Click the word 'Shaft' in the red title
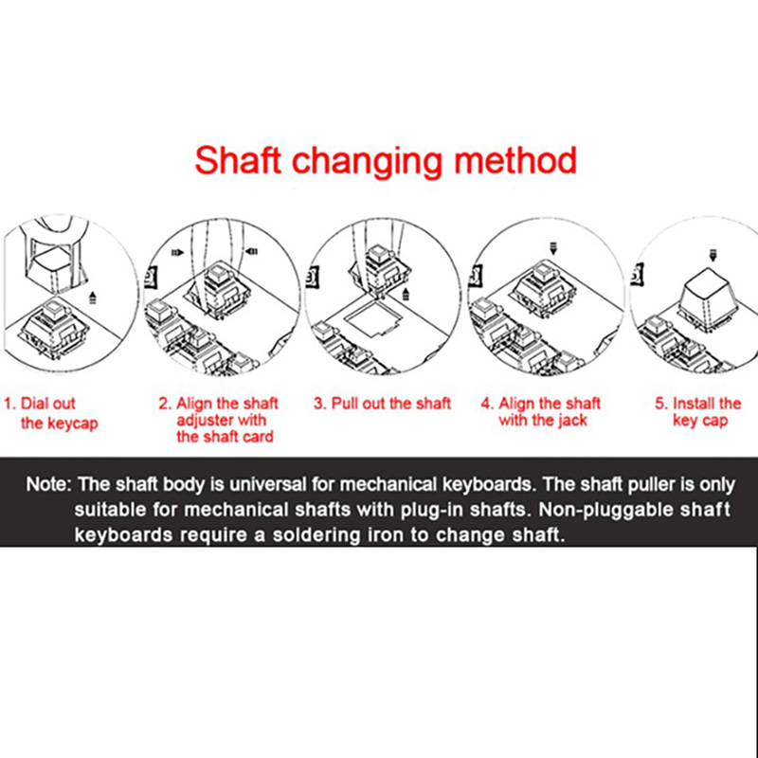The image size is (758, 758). point(238,160)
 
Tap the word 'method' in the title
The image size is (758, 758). point(515,160)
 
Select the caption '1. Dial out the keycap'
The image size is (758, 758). point(51,413)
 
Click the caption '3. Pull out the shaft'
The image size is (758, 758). point(382,404)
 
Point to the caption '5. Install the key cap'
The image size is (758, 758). point(697,412)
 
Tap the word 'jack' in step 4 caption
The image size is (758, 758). point(572,420)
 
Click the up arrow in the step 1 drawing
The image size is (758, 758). point(93,298)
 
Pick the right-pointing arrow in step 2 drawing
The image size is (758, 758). point(177,252)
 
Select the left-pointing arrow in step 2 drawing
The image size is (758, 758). point(251,251)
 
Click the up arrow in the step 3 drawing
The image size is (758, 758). point(406,293)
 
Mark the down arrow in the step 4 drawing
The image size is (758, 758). point(554,249)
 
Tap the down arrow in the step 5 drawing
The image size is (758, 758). point(713,255)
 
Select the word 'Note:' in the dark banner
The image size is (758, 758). point(49,484)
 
